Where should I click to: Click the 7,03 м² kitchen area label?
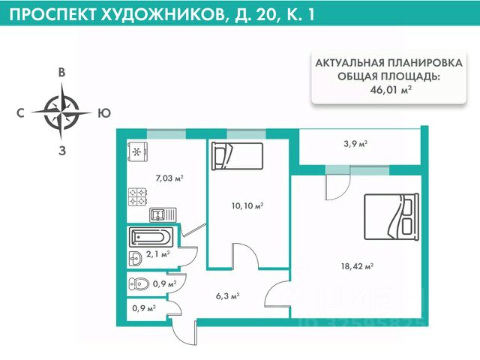(169, 178)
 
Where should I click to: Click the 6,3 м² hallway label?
(226, 296)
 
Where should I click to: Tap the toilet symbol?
(139, 284)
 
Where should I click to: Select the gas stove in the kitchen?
(137, 196)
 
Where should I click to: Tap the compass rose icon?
(62, 113)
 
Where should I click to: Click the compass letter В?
(63, 73)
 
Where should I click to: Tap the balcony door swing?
(335, 186)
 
